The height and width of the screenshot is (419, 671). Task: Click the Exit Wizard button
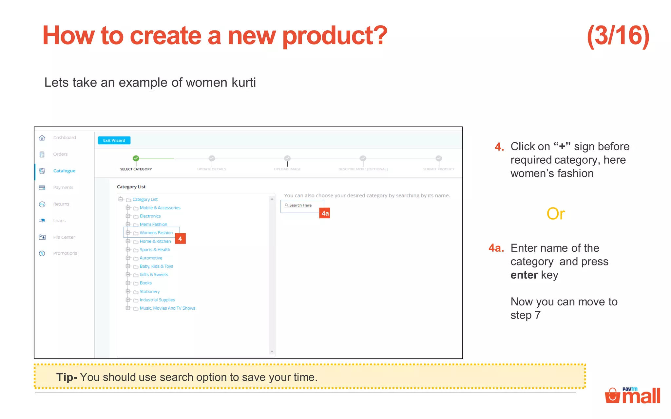(114, 140)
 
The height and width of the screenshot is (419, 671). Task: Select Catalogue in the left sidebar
(64, 171)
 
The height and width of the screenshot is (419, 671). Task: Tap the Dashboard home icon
(42, 138)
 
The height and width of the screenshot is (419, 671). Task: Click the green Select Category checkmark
(136, 158)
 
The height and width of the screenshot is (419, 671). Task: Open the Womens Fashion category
(156, 233)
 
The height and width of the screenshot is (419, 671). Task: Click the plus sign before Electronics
(128, 216)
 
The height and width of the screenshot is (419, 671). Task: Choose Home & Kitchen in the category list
(155, 241)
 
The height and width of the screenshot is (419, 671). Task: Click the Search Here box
(302, 205)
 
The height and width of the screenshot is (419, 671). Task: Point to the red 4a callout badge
(325, 213)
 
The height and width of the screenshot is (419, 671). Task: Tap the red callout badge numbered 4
(180, 239)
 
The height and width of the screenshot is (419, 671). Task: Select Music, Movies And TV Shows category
(167, 308)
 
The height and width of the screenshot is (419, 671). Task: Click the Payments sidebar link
(63, 188)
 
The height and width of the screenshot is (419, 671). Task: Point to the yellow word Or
(556, 214)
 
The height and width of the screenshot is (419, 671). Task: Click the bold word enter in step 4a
(524, 275)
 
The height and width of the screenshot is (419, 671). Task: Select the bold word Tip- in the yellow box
(67, 377)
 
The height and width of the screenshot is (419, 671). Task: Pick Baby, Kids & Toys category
(156, 266)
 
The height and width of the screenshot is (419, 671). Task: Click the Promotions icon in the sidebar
(42, 253)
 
